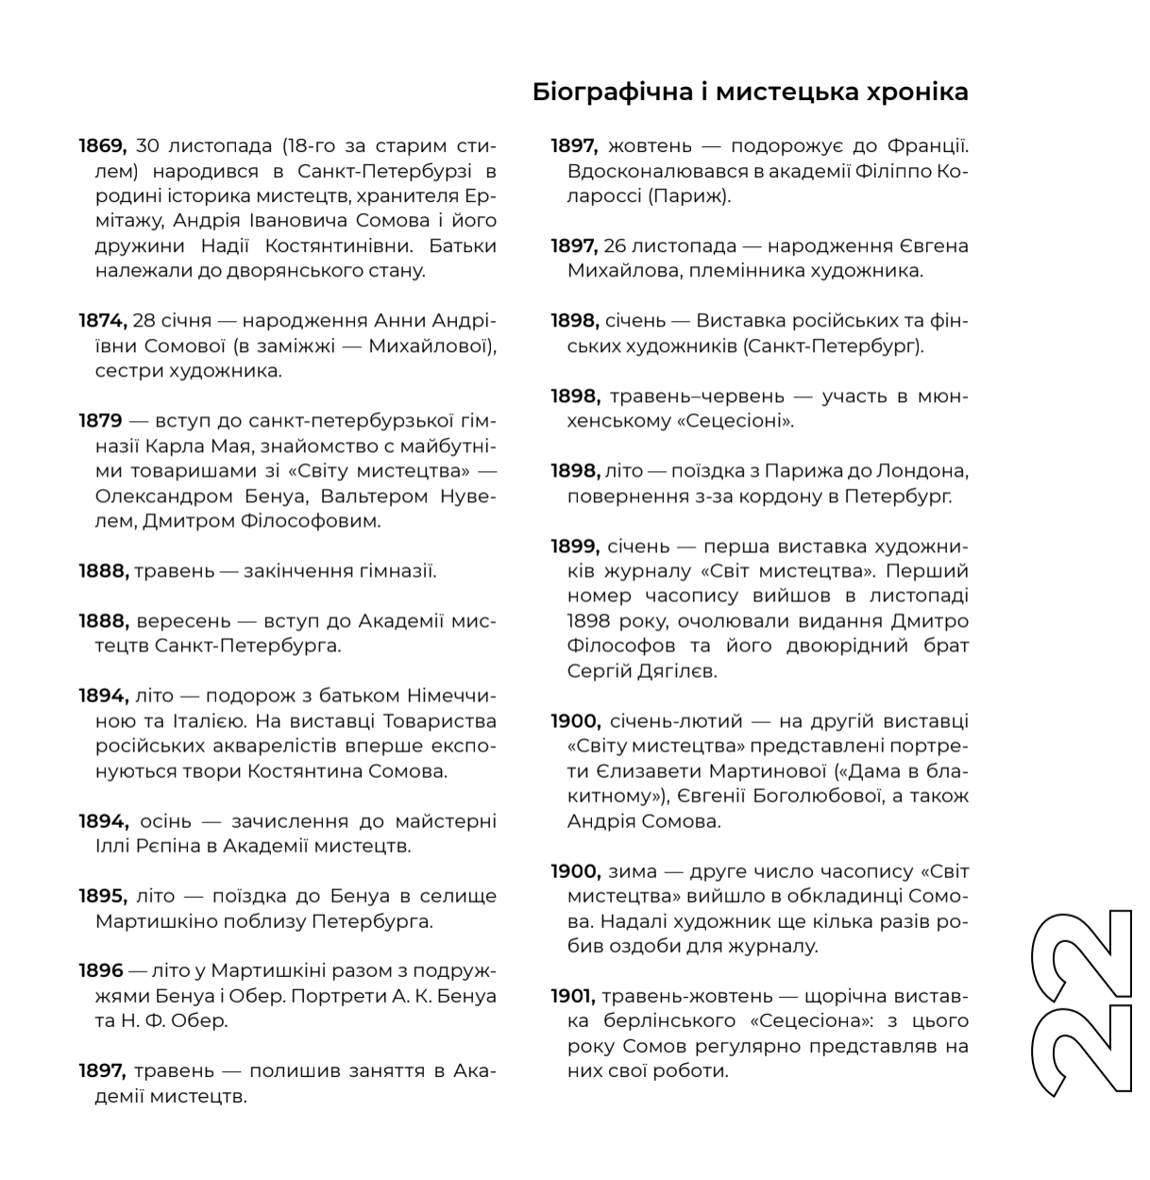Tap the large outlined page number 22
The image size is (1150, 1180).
tap(1082, 1003)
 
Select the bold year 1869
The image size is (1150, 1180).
tap(102, 146)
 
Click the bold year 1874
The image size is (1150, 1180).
tap(101, 321)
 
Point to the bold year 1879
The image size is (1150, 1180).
tap(100, 421)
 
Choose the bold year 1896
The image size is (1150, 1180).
tap(101, 970)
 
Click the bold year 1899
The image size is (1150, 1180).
tap(574, 547)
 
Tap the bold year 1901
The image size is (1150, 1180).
tap(572, 996)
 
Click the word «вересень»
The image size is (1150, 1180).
tap(183, 621)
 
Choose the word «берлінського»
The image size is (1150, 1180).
tap(676, 1021)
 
